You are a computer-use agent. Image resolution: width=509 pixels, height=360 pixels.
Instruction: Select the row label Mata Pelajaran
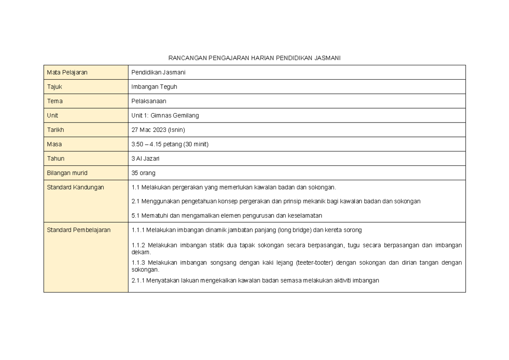[x=67, y=73]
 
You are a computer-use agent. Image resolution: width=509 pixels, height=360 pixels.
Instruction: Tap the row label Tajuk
[x=54, y=87]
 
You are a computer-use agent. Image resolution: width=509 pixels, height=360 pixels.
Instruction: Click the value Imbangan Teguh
[x=154, y=87]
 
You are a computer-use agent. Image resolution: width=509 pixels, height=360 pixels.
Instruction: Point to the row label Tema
[x=55, y=101]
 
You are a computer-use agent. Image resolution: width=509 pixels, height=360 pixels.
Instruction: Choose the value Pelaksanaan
[x=149, y=101]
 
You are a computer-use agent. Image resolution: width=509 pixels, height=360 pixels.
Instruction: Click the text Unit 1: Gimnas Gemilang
[x=165, y=115]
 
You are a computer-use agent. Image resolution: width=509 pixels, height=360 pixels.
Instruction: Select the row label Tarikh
[x=56, y=130]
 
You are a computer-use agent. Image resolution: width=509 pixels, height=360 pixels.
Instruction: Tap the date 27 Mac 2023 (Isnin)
[x=158, y=130]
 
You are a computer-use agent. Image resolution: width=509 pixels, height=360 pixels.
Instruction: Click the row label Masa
[x=54, y=144]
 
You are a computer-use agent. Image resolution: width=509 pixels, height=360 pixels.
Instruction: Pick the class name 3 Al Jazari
[x=147, y=159]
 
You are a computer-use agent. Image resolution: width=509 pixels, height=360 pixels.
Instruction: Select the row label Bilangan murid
[x=67, y=173]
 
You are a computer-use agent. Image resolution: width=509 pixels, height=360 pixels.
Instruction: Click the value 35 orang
[x=143, y=173]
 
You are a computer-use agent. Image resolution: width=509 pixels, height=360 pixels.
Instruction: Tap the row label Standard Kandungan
[x=75, y=187]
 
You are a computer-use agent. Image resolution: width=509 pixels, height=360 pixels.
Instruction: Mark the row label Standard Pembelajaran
[x=78, y=230]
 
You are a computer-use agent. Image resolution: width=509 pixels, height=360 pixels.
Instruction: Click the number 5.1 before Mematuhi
[x=136, y=216]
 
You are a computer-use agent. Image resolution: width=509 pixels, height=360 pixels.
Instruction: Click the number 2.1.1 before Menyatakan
[x=138, y=280]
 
